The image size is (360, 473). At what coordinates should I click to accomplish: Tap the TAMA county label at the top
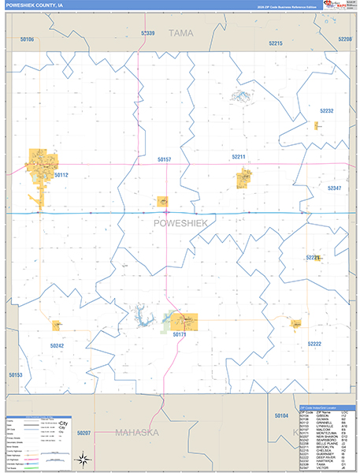click(x=180, y=33)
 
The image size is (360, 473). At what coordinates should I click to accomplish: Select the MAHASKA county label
click(x=136, y=433)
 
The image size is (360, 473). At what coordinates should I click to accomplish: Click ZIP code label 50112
click(x=61, y=175)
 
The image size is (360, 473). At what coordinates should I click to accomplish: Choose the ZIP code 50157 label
click(x=164, y=160)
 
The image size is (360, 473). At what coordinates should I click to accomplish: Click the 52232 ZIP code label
click(x=326, y=111)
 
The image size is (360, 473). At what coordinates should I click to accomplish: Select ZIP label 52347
click(x=334, y=188)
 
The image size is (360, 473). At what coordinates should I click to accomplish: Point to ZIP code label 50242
click(x=57, y=345)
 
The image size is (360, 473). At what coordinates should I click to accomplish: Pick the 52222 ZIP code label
click(x=315, y=345)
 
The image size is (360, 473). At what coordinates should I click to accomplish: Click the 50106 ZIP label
click(x=27, y=39)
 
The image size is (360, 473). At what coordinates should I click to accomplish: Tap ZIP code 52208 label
click(x=344, y=39)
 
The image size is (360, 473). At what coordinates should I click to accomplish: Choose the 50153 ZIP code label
click(x=15, y=375)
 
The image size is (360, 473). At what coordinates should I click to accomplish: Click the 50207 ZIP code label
click(x=84, y=434)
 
